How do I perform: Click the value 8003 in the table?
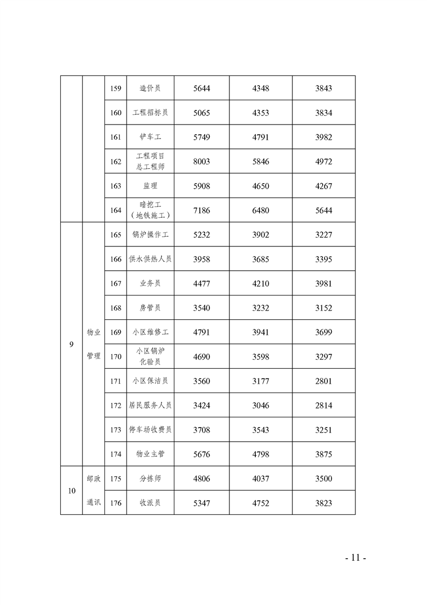201,161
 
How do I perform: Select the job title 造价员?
150,88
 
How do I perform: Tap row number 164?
115,210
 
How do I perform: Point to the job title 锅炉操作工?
150,235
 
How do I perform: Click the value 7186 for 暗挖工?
201,210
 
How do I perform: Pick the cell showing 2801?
324,381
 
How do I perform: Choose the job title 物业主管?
150,455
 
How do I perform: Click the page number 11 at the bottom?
355,558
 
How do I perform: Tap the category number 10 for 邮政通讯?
72,491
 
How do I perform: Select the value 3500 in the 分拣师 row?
324,479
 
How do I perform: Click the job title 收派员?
150,503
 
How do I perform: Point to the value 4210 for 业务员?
261,284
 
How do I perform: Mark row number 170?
115,356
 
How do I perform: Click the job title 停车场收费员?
150,430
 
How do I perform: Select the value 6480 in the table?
261,210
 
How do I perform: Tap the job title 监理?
150,186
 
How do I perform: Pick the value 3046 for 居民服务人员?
261,405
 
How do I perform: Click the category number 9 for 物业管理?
72,344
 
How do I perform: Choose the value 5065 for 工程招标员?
201,113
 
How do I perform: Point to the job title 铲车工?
150,137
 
